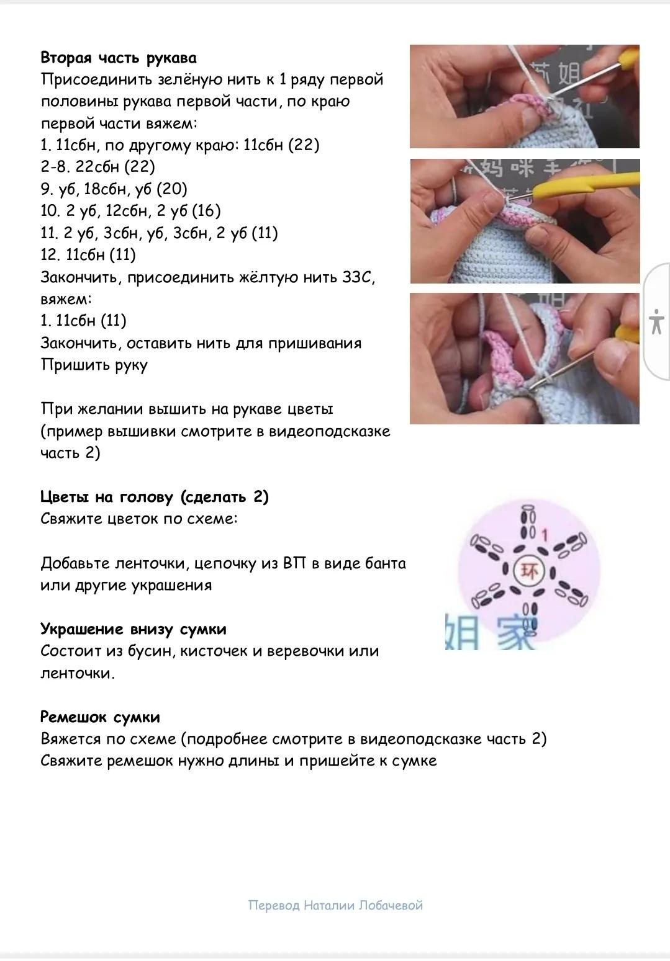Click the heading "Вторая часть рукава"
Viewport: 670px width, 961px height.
point(119,58)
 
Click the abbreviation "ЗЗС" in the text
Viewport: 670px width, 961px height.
point(358,277)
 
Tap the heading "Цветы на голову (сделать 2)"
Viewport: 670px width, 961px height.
point(155,497)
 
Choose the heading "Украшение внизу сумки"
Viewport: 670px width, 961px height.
point(134,629)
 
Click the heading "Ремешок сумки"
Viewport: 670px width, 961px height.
point(100,717)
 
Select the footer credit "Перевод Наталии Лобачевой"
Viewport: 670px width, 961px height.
point(335,906)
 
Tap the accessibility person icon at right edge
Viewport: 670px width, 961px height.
point(656,321)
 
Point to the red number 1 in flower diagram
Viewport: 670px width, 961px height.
point(545,534)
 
